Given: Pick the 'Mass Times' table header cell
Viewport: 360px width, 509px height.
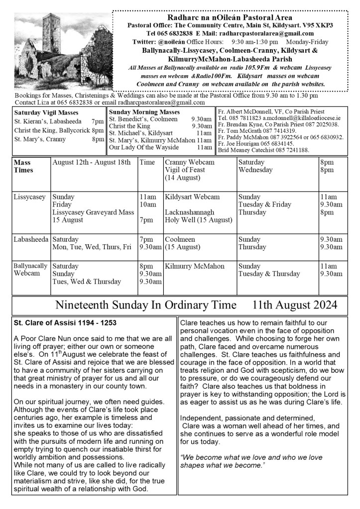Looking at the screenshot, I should pyautogui.click(x=23, y=166).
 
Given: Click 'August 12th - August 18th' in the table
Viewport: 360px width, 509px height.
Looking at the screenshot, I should pyautogui.click(x=91, y=162).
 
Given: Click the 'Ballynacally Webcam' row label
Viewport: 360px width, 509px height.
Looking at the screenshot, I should pyautogui.click(x=30, y=270).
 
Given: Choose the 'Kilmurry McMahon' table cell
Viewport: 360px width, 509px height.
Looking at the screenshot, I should pyautogui.click(x=195, y=266).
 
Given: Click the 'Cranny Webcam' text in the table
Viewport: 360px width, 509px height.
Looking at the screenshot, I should pyautogui.click(x=190, y=162).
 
